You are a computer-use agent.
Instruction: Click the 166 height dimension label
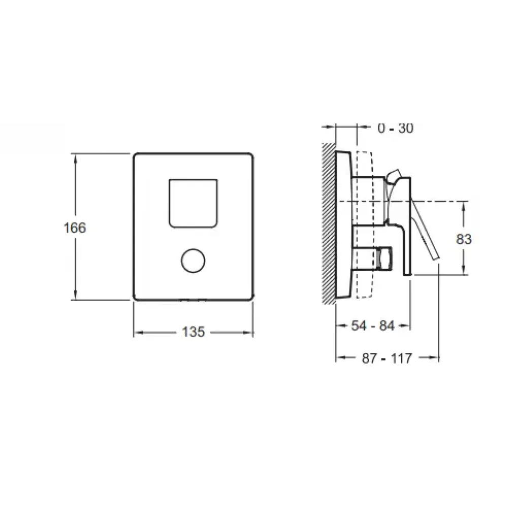tap(75, 228)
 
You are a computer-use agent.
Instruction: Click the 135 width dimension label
tap(194, 332)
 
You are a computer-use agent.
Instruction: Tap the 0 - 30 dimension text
tap(396, 129)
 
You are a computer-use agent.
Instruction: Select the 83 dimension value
tap(464, 239)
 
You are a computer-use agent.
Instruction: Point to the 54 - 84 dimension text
tap(372, 326)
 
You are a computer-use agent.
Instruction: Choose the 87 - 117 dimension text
tap(387, 358)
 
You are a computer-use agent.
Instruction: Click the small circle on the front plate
tap(194, 261)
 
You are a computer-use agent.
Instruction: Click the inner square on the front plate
tap(194, 203)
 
